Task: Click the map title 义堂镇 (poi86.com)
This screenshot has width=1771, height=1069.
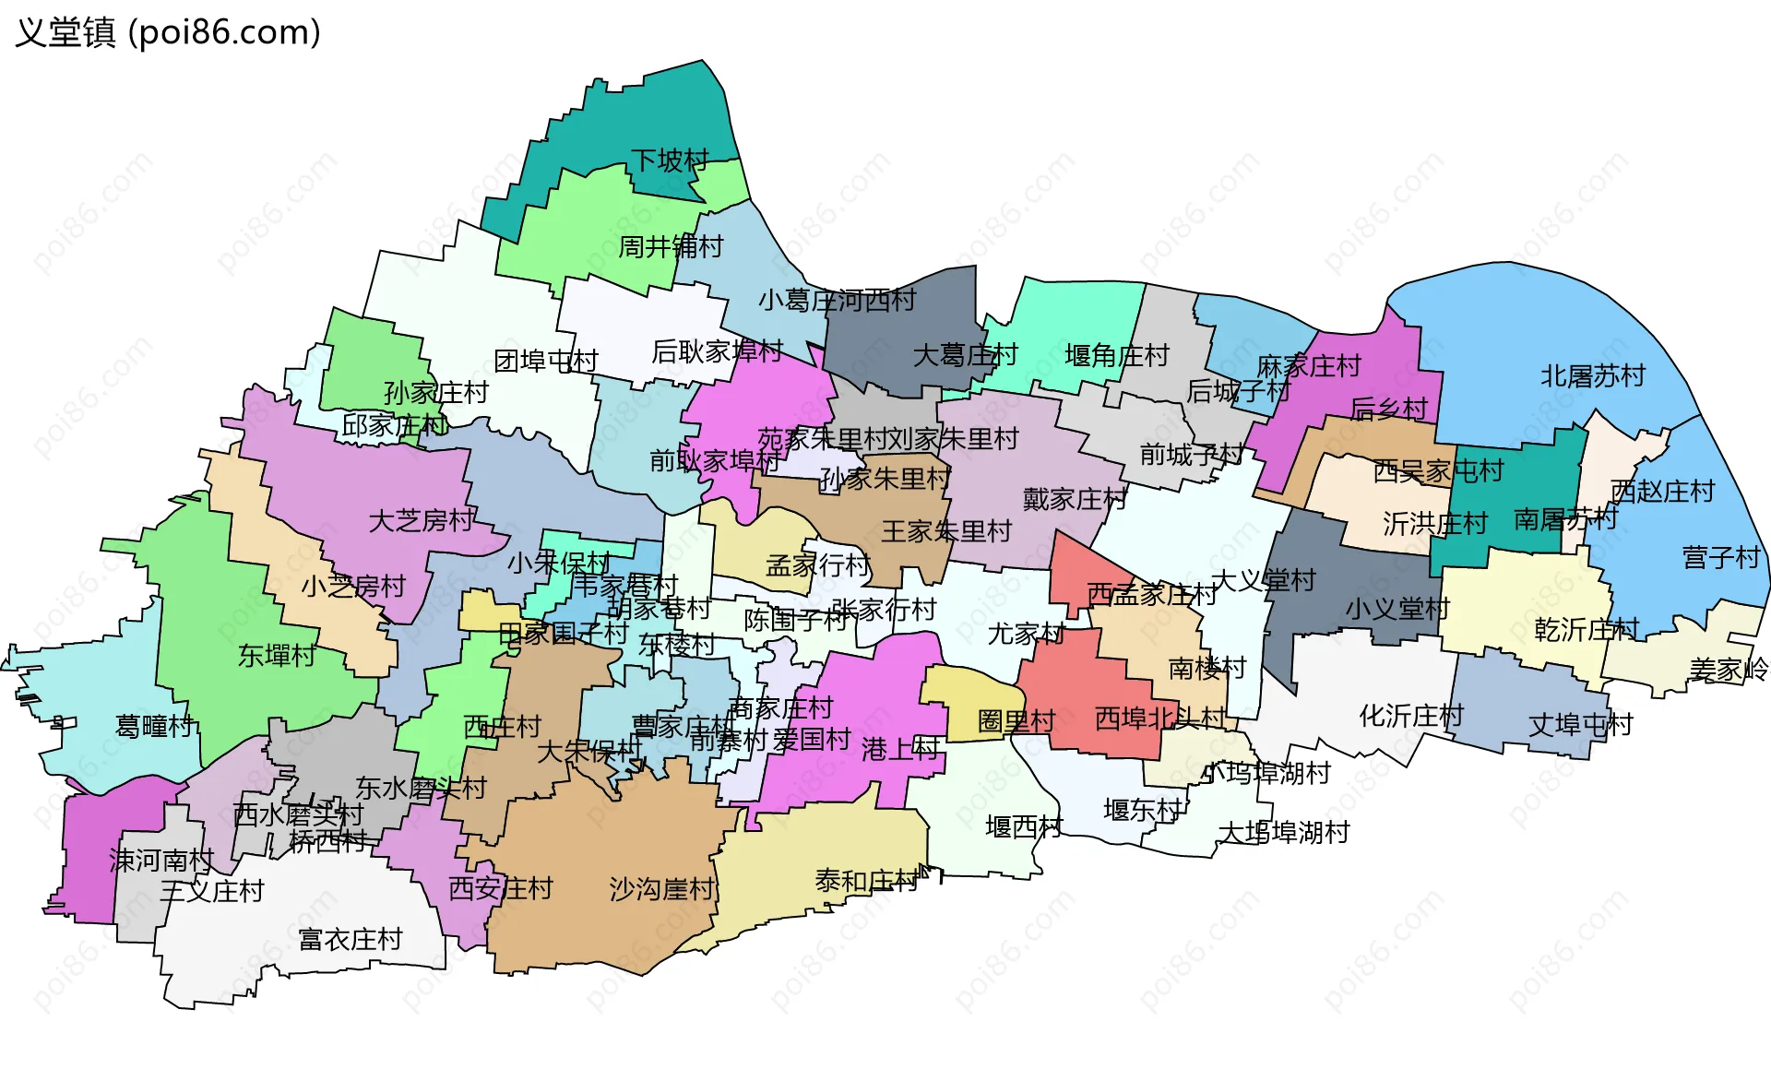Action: tap(168, 33)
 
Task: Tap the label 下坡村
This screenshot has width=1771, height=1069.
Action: tap(670, 160)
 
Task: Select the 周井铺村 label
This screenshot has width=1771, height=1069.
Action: tap(671, 246)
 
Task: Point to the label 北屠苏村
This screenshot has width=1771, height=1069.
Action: tap(1593, 376)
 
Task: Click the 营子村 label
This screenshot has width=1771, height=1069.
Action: tap(1721, 558)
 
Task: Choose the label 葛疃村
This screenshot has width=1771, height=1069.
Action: tap(155, 727)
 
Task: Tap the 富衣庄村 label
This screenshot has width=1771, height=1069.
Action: tap(351, 939)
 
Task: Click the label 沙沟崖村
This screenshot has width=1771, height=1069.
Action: tap(661, 889)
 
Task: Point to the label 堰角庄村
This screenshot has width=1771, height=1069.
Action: tap(1116, 355)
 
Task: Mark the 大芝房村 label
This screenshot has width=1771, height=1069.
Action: tap(421, 521)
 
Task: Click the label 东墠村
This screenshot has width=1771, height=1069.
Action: tap(277, 656)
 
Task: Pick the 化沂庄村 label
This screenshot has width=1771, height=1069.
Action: tap(1411, 716)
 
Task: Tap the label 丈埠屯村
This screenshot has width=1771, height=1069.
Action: tap(1580, 725)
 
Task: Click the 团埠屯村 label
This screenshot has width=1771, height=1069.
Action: tap(546, 361)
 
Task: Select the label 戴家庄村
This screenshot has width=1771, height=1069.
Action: tap(1075, 499)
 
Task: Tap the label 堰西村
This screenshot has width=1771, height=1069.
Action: tap(1024, 826)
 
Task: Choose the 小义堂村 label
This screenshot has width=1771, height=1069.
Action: tap(1397, 609)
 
